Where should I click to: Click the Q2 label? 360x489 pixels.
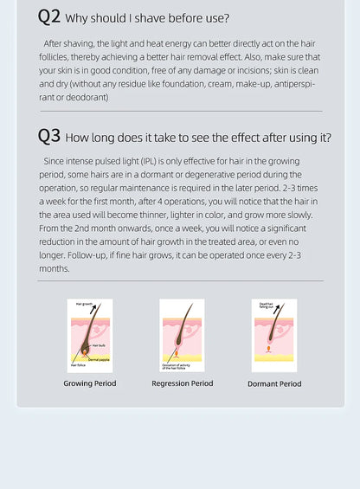click(x=49, y=16)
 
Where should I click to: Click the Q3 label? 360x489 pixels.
click(x=49, y=137)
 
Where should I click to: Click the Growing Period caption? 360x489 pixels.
click(x=90, y=383)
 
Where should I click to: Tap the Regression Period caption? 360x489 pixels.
click(x=183, y=383)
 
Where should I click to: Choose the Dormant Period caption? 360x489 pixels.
click(x=274, y=383)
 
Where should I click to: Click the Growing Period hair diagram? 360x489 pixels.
click(x=90, y=336)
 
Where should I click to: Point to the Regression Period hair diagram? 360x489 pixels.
click(x=183, y=336)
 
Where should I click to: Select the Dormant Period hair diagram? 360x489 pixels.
click(x=274, y=336)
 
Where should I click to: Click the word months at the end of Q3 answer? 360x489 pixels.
click(x=54, y=269)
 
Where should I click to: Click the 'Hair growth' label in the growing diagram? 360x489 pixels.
click(x=85, y=305)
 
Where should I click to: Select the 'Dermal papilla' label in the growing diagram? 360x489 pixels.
click(x=99, y=358)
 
